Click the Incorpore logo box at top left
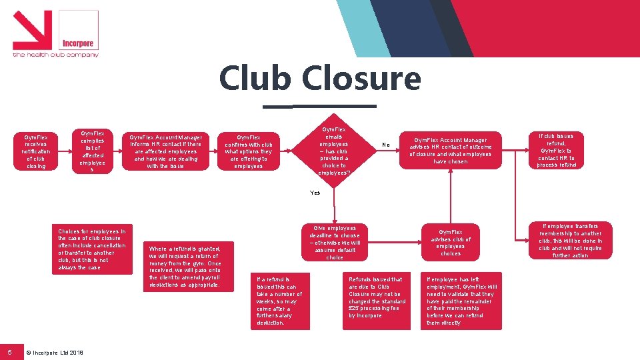coord(79,30)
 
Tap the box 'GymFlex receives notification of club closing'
coord(36,152)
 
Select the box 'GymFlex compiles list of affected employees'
coord(92,151)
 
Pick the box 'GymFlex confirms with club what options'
coord(249,151)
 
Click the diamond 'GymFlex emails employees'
coord(333,151)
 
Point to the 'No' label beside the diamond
coord(385,144)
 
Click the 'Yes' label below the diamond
coord(315,193)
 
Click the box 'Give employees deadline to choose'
coord(334,242)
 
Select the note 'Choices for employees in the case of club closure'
coord(92,249)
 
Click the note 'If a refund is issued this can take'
coord(279,300)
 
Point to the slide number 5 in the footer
coord(10,351)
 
